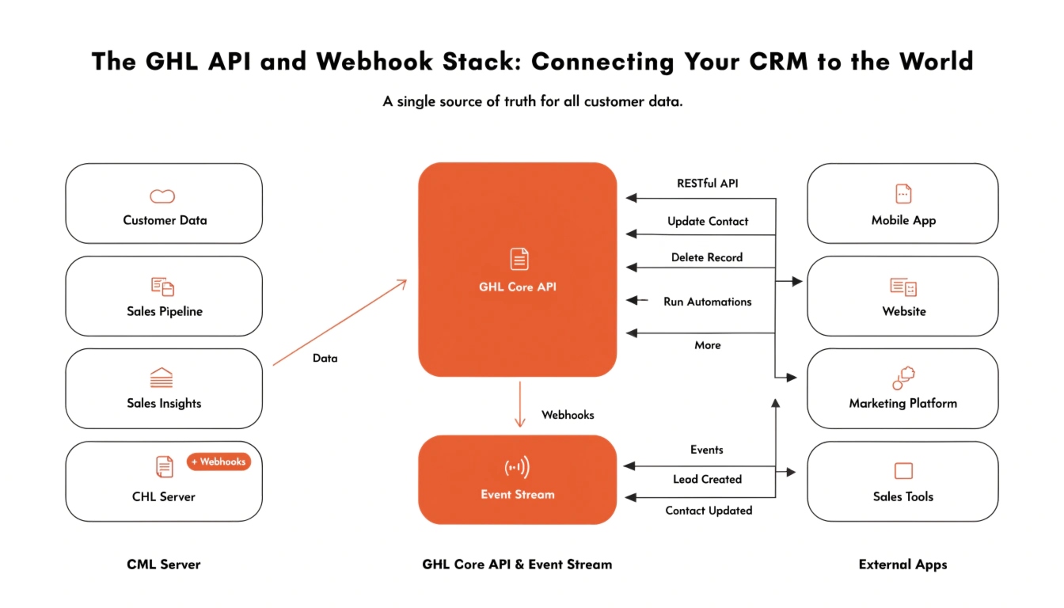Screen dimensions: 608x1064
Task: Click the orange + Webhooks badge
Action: tap(218, 462)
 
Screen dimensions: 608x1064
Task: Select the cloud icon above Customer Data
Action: tap(162, 196)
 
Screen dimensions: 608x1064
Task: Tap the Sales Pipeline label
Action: tap(165, 311)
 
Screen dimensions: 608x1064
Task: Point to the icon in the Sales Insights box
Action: tap(161, 378)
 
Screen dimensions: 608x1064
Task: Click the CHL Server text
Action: tap(164, 496)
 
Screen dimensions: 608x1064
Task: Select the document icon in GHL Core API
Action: tap(519, 259)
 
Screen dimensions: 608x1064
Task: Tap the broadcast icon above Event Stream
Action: tap(517, 467)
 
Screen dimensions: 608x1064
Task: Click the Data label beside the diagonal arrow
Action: tap(325, 358)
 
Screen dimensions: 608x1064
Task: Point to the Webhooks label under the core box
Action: tap(568, 414)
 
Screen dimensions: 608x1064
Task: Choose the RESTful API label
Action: tap(708, 183)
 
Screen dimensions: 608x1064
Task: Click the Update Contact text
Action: tap(708, 221)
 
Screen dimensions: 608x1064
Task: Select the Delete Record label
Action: tap(707, 257)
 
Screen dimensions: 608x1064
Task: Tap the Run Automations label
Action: tap(708, 302)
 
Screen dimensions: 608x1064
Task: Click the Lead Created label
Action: tap(707, 479)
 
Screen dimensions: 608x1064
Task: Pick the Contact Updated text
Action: tap(709, 511)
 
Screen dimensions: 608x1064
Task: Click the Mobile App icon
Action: tap(903, 194)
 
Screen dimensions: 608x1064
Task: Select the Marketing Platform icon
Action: tap(904, 378)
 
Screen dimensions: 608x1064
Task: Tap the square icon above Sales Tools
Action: tap(903, 471)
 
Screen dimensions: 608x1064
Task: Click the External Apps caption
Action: tap(902, 564)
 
